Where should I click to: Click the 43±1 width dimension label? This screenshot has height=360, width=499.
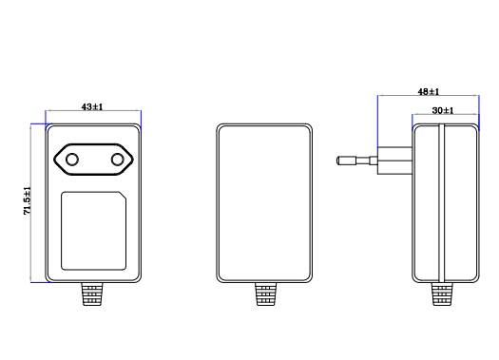(x=92, y=106)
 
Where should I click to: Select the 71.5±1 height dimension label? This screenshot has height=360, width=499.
(x=28, y=201)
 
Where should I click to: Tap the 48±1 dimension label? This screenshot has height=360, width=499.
(x=429, y=92)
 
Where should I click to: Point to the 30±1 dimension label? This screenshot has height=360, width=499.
(x=443, y=111)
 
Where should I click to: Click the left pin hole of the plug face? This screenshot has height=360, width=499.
(x=72, y=160)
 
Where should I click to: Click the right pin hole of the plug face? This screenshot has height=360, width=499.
(x=118, y=160)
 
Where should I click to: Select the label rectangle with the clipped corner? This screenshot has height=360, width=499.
(x=93, y=231)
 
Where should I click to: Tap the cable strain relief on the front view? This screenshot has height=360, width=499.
(x=92, y=294)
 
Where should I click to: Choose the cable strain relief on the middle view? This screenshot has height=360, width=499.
(x=266, y=294)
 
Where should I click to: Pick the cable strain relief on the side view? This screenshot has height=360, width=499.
(x=442, y=294)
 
